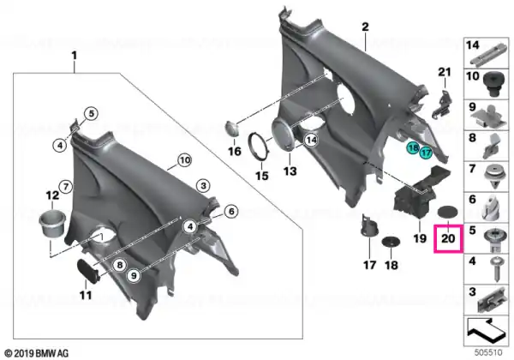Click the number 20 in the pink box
pos(448,238)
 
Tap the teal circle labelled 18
pos(414,148)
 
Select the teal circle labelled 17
pos(426,153)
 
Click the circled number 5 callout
pos(91,114)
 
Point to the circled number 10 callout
pos(185,160)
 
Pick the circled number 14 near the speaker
pos(311,140)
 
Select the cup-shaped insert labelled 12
pos(52,223)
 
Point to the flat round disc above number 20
pos(448,212)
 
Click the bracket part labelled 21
pos(442,103)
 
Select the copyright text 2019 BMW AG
pos(37,354)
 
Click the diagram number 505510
pos(488,352)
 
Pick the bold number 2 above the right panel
pos(365,27)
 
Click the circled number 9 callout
pos(134,275)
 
